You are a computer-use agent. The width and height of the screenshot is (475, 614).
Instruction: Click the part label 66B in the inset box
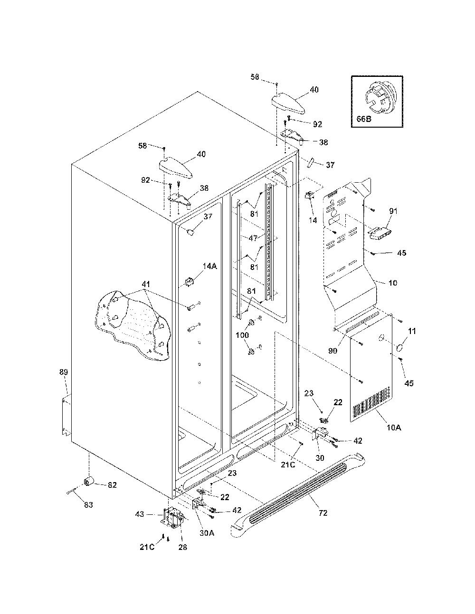tap(363, 119)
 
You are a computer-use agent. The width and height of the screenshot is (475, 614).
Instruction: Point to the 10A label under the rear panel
tap(394, 428)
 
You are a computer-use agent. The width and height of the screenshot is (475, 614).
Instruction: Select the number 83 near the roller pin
tap(88, 505)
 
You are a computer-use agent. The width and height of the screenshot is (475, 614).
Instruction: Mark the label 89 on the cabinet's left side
tap(64, 372)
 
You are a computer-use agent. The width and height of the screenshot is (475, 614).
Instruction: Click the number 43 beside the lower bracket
tap(140, 514)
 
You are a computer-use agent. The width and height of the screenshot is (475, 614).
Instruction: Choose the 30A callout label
tap(207, 533)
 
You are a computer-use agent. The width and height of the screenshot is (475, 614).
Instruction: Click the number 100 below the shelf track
tap(242, 335)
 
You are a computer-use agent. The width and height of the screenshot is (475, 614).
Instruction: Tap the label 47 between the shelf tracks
tap(253, 238)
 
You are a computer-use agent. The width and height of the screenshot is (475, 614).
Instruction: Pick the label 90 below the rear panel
tap(332, 351)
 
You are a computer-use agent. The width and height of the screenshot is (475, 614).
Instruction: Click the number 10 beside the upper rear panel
tap(392, 282)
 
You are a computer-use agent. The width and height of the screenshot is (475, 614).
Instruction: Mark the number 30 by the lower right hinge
tap(320, 458)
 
